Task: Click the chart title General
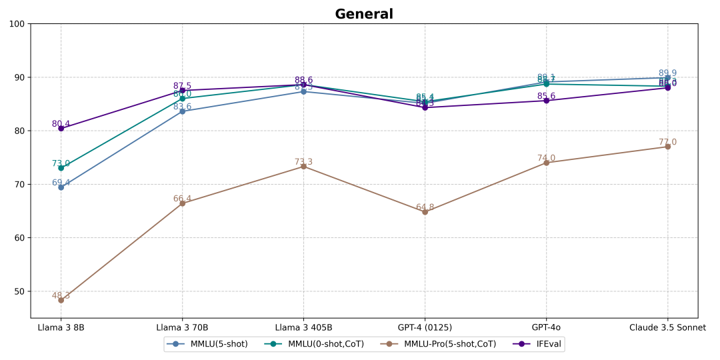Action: tap(363, 14)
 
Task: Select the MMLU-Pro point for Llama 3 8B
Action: tap(61, 300)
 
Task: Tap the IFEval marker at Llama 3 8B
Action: tap(61, 128)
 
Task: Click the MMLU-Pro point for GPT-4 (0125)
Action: tap(425, 212)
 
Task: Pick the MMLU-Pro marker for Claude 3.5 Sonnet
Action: tap(667, 147)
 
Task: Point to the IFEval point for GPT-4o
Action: tap(546, 101)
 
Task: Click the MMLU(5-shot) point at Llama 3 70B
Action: tap(182, 111)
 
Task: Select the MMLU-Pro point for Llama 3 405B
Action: tap(303, 167)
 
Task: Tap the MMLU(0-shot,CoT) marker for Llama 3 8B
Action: tap(61, 168)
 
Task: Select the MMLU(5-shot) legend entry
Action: tap(212, 344)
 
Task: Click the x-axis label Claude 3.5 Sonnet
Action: tap(667, 327)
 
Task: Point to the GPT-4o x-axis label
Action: tap(546, 327)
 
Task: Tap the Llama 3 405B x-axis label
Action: tap(303, 327)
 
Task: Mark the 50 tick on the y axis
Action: tap(19, 291)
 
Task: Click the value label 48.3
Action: tap(61, 295)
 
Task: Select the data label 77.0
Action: tap(667, 142)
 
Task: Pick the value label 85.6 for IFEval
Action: tap(546, 96)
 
